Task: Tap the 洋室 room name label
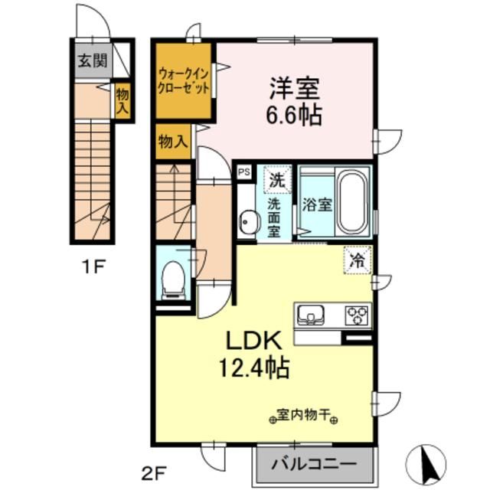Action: coord(293,88)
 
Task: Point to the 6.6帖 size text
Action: coord(294,116)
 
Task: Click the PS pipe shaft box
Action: coord(243,173)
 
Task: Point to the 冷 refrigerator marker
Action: coord(358,259)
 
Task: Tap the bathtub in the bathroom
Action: coord(352,204)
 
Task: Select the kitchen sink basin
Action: coord(312,314)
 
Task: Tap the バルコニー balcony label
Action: coord(317,464)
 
